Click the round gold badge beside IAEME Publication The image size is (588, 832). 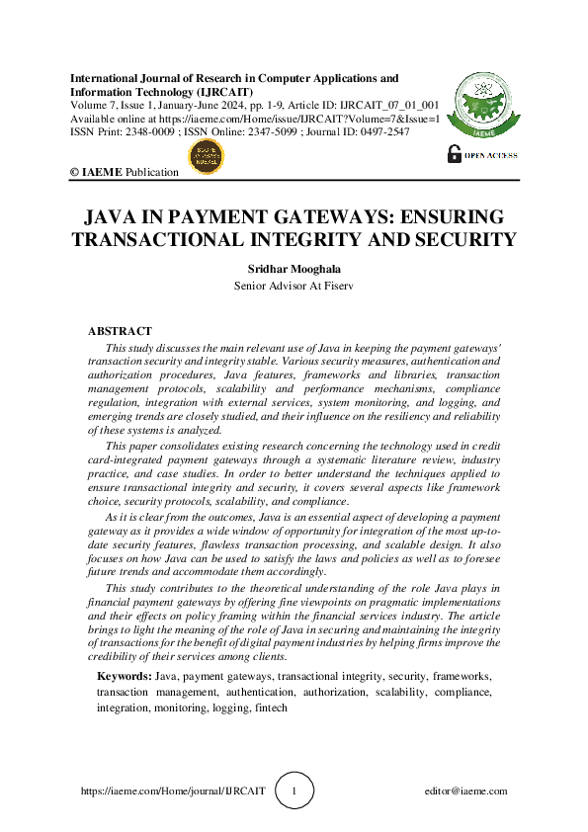(207, 157)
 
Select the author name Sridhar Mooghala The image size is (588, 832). (294, 269)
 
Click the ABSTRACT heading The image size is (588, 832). (121, 331)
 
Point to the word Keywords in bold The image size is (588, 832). (124, 675)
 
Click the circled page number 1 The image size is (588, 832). (294, 790)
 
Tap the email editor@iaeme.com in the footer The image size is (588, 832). (464, 790)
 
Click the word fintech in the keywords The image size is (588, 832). (270, 707)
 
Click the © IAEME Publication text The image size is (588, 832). (124, 172)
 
